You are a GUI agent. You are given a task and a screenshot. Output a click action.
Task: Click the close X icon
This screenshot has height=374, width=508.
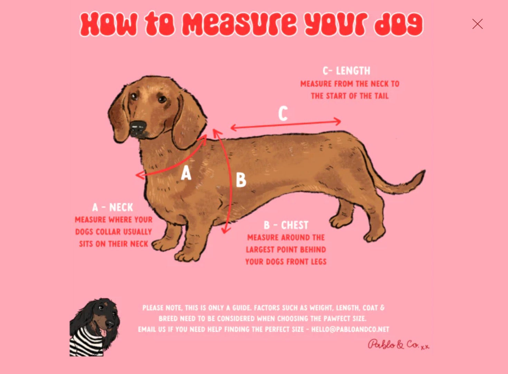[477, 24]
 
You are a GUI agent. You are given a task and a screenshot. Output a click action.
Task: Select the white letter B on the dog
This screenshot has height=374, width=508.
[241, 180]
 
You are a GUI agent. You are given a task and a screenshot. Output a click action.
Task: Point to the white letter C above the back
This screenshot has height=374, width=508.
[283, 114]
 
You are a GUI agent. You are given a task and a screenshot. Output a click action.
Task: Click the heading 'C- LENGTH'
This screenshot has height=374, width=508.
[346, 71]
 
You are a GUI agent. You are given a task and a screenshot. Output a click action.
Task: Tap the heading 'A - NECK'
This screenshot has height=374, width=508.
[113, 207]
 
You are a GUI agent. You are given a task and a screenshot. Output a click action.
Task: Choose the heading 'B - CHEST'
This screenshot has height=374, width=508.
[286, 225]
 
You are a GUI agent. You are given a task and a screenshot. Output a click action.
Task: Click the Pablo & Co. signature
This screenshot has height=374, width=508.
[398, 345]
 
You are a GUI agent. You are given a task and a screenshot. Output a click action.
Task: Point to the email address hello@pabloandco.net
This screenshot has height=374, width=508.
[350, 329]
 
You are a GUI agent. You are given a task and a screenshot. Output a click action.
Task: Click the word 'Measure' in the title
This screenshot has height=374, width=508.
[239, 24]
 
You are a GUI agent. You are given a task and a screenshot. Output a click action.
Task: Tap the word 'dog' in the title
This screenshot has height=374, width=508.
[398, 24]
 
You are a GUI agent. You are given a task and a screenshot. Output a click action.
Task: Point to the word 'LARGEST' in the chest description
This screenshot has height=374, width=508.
[260, 250]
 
